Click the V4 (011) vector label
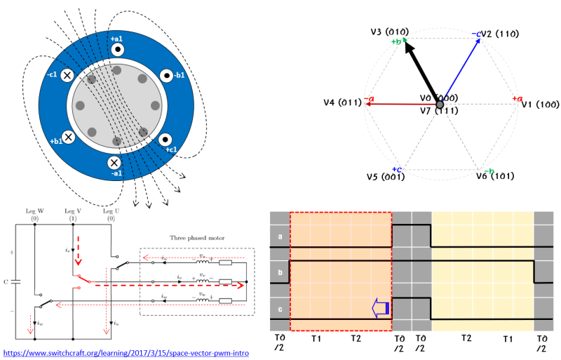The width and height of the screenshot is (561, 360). coord(342,102)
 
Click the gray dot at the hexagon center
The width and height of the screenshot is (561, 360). coord(440,104)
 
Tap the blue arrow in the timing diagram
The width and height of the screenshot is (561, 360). coord(380,306)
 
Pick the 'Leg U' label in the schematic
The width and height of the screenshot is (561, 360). coord(111,211)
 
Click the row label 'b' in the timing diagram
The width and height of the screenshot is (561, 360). coord(279,272)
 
